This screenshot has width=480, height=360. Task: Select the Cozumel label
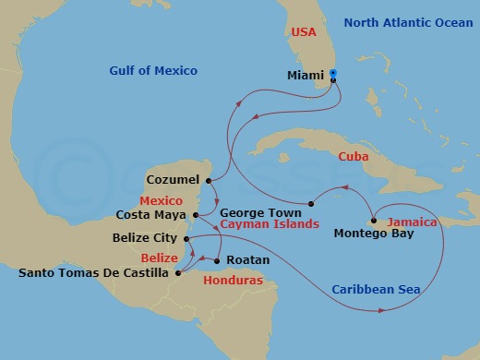(x=173, y=181)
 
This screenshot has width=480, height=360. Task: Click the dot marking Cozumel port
(x=210, y=180)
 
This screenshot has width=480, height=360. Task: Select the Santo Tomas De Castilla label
(x=95, y=273)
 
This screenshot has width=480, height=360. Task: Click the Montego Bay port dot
(x=372, y=220)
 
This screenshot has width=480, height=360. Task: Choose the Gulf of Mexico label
(x=153, y=70)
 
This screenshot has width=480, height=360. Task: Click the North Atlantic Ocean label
(x=404, y=22)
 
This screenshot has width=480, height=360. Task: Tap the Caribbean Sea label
(x=376, y=290)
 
